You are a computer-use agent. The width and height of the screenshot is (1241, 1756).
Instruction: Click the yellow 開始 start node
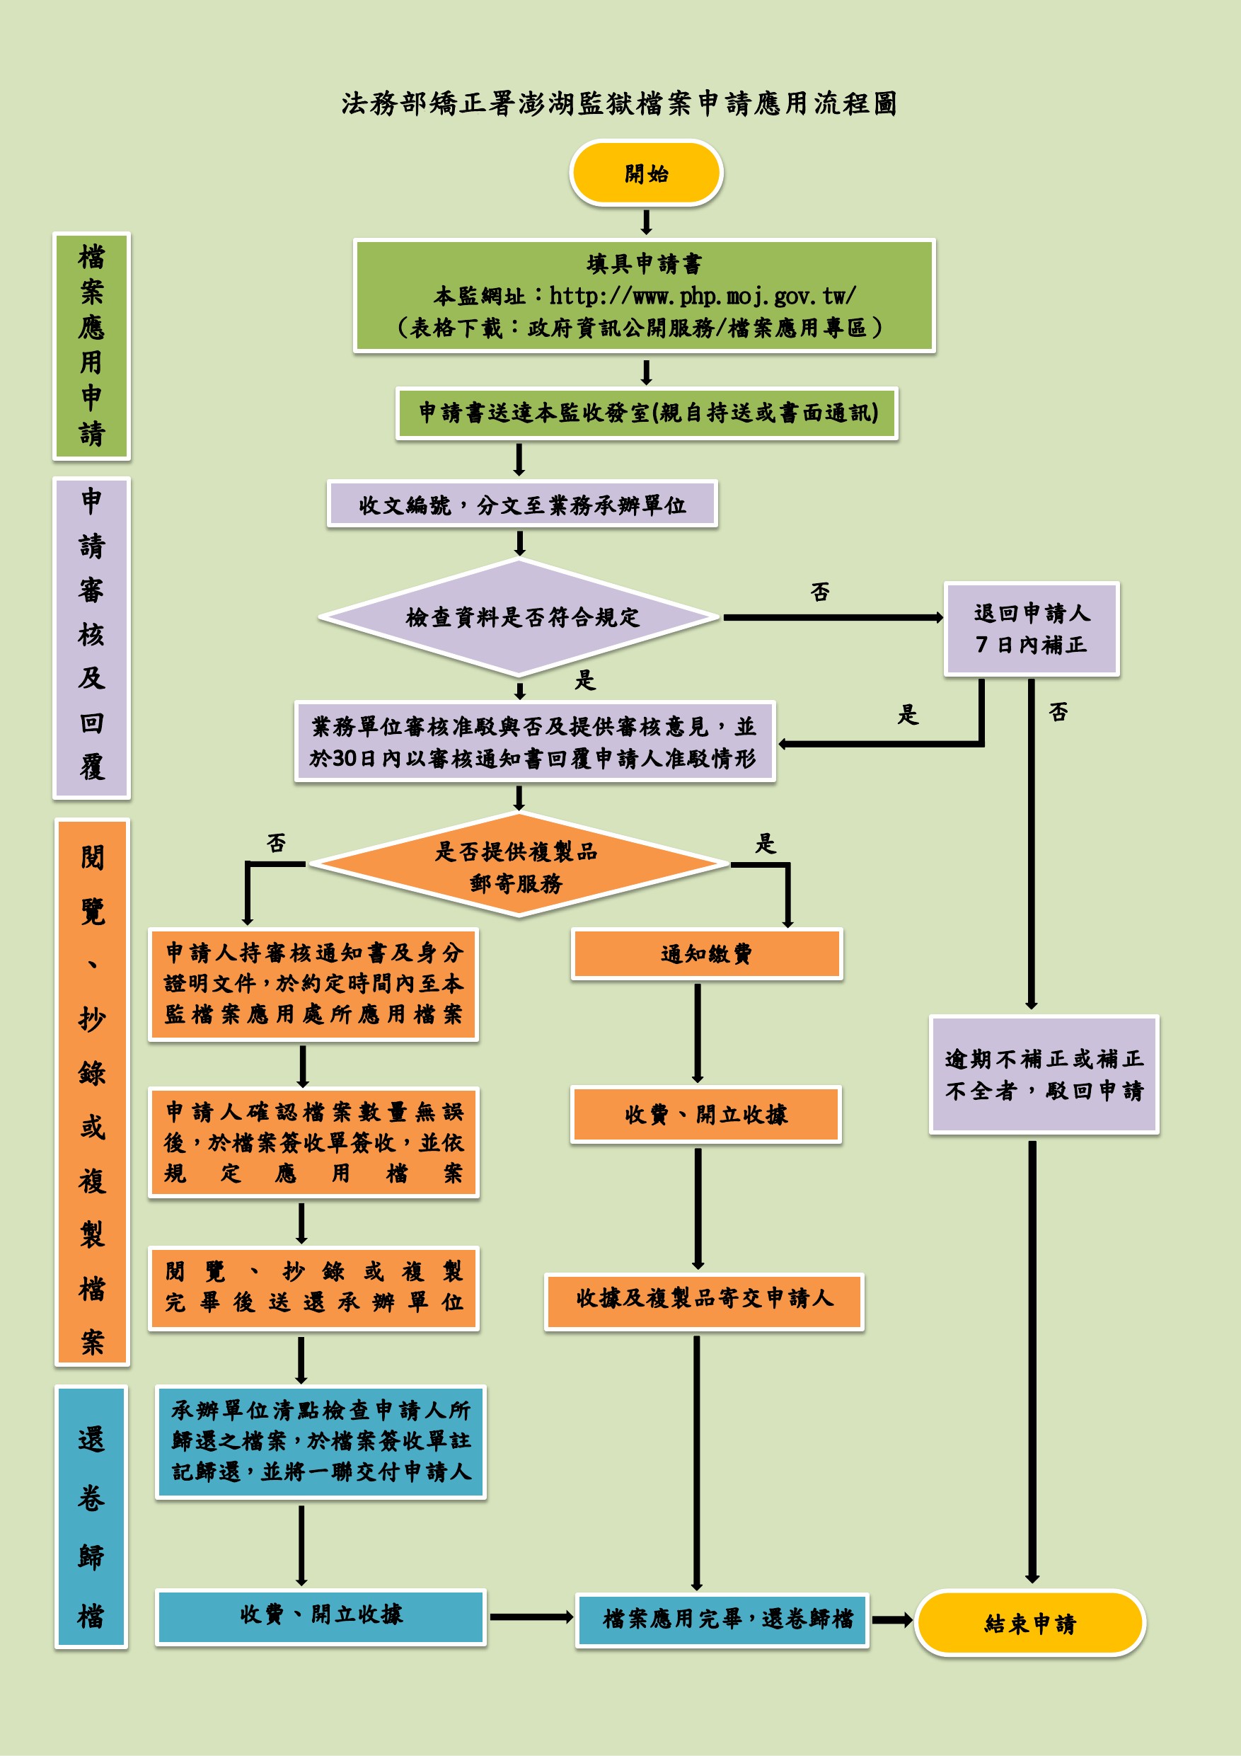pos(646,173)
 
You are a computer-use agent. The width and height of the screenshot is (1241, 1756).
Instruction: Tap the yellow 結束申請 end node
pos(1030,1622)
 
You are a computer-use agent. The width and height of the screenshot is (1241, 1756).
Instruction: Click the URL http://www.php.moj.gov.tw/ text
pos(702,295)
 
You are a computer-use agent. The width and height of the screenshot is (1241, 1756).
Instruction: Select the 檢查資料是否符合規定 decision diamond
pos(521,617)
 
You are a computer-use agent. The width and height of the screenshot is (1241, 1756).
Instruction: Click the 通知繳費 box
pos(705,953)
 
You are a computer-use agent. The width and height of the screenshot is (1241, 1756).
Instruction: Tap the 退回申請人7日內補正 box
pos(1031,629)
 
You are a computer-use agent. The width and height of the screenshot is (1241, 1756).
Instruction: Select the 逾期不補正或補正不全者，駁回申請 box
pos(1044,1074)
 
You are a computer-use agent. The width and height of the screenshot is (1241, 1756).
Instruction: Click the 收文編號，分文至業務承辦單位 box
pos(522,504)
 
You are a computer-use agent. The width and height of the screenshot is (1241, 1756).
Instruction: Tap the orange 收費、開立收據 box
pos(705,1114)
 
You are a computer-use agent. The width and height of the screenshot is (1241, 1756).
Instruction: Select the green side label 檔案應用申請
pos(92,345)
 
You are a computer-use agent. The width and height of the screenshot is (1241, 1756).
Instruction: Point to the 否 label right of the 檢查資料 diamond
pos(820,592)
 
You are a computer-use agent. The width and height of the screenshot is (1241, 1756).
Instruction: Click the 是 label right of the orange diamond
pos(766,844)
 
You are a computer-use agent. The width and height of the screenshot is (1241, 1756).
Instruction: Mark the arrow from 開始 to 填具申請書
pos(646,222)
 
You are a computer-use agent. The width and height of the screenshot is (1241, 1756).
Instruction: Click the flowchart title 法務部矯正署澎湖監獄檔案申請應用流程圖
pos(618,103)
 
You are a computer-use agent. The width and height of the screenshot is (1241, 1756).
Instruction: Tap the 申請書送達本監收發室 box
pos(647,413)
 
